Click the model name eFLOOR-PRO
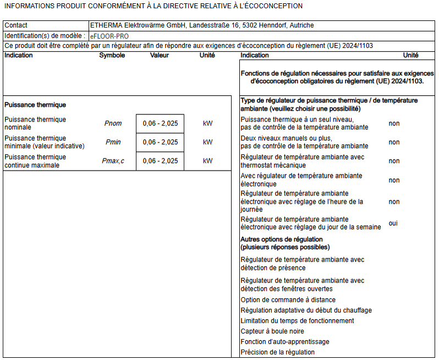coord(108,36)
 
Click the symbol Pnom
coord(113,123)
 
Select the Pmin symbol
coord(113,142)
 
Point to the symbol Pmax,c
coord(113,161)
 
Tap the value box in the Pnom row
coord(160,123)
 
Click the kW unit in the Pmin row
coord(207,142)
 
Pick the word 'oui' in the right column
coord(393,223)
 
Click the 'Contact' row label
coord(16,25)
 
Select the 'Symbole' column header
coord(112,55)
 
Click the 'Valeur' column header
coord(160,55)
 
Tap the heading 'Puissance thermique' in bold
coord(35,105)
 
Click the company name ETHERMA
coord(108,25)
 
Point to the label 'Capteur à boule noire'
coord(272,331)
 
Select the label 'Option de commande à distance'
coord(288,300)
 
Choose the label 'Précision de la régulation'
coord(278,352)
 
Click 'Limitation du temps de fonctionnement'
coord(297,321)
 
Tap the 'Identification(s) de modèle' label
coord(45,36)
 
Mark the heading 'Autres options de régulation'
coord(281,239)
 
